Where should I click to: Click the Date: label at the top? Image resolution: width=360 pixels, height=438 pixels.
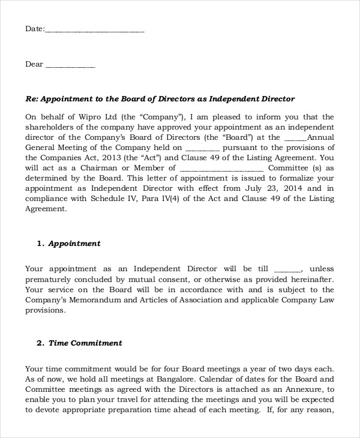[x=34, y=28]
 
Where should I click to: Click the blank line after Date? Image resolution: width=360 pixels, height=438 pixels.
[x=95, y=29]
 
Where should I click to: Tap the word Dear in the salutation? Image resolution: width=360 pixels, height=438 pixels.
[x=34, y=64]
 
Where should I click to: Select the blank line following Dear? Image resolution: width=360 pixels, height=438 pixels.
[x=70, y=65]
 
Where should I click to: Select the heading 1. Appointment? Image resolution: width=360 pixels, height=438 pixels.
[x=68, y=244]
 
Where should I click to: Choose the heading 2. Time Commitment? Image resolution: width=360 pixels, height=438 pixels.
[x=79, y=343]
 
